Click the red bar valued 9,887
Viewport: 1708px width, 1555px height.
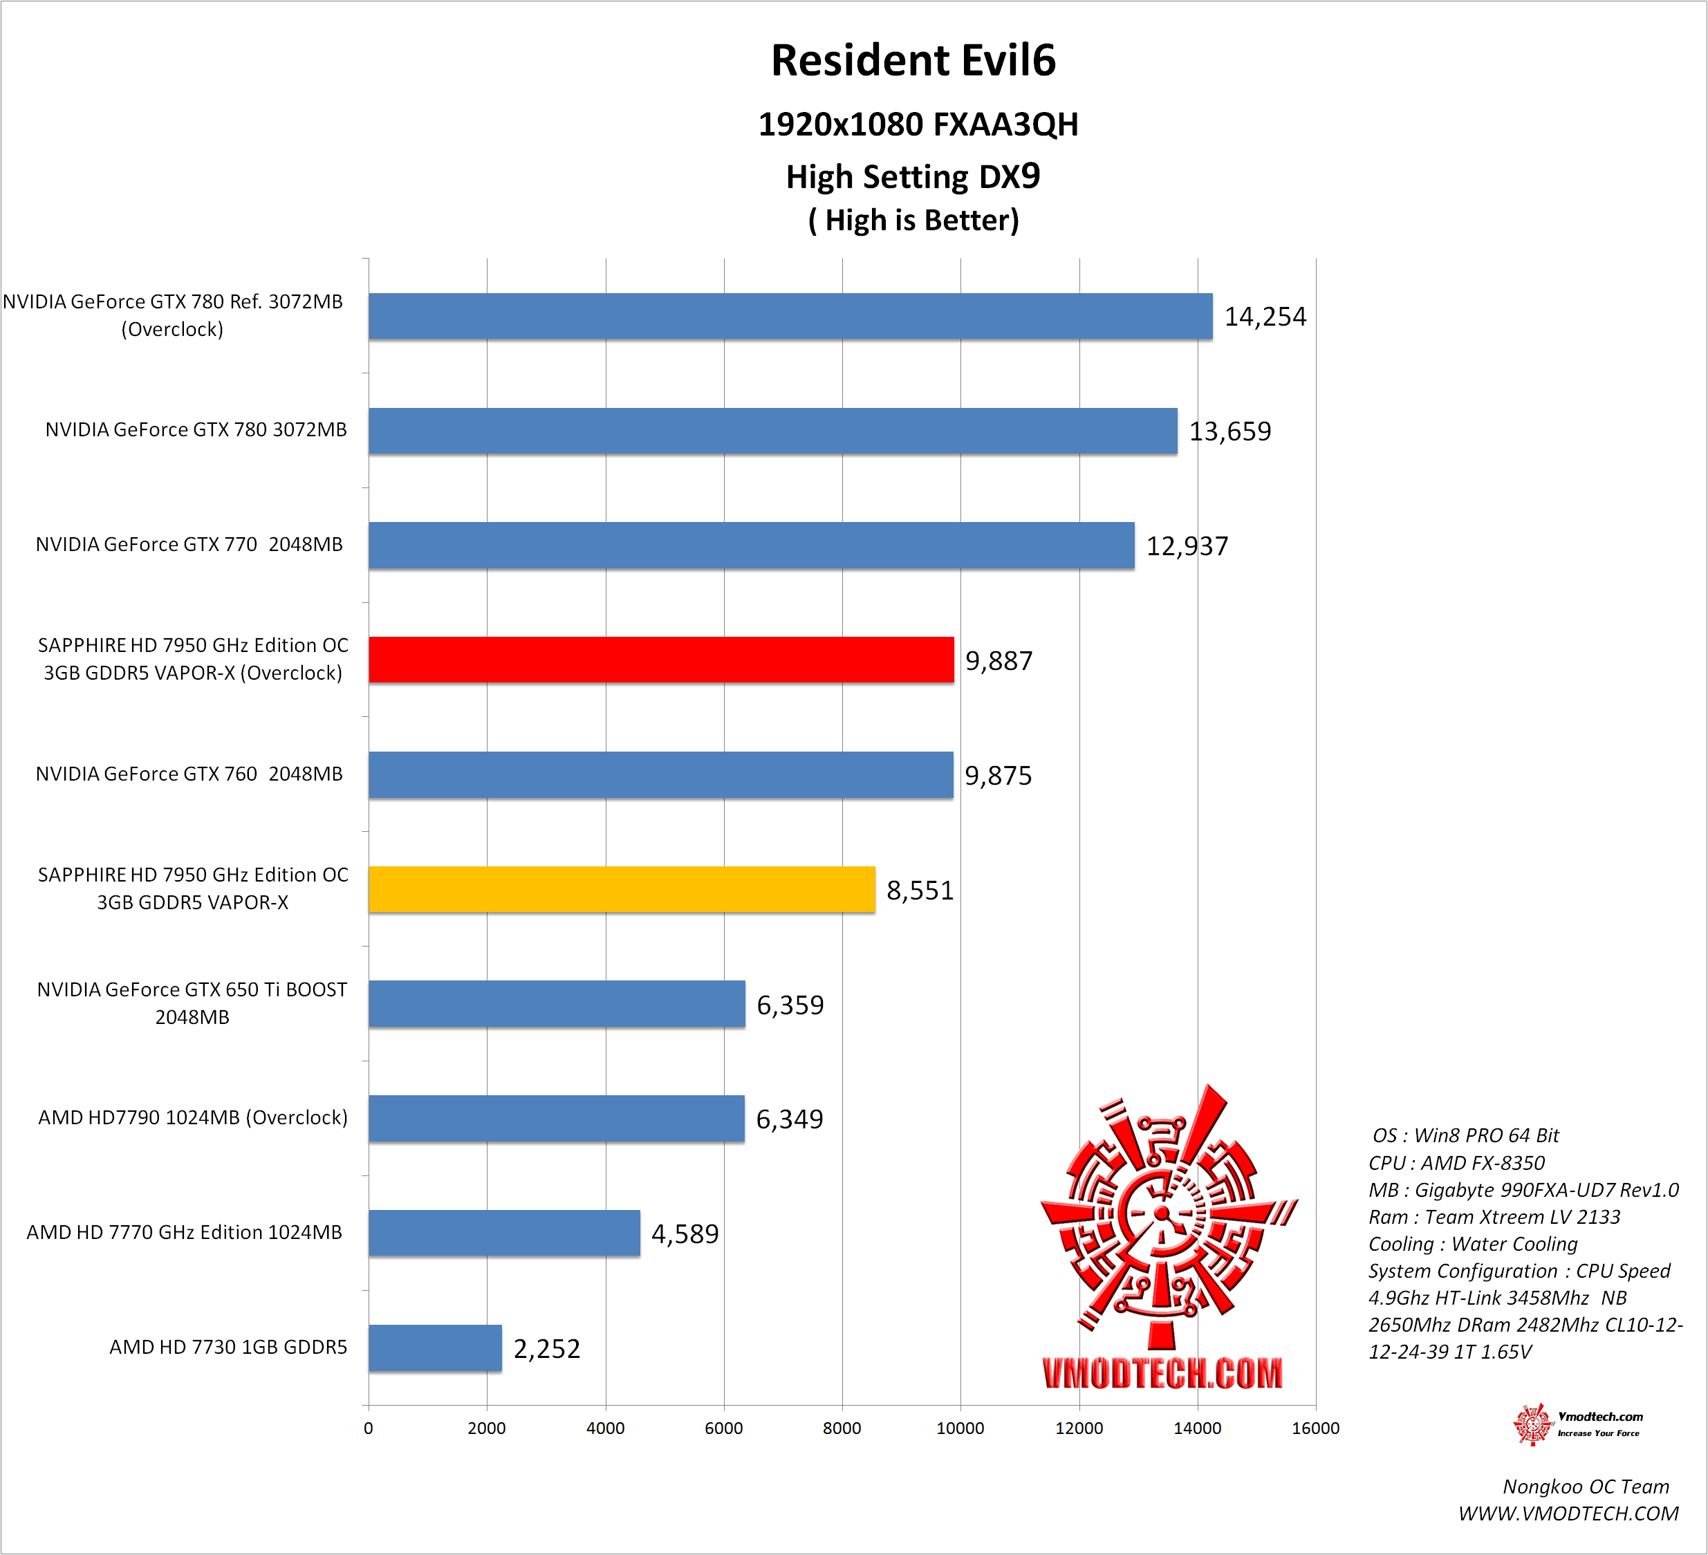point(661,660)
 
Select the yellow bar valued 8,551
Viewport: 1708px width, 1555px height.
point(621,889)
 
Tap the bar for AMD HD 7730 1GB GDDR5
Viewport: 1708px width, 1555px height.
point(435,1348)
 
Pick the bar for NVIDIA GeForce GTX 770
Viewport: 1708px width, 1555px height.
point(751,546)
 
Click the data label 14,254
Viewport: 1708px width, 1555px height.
point(1265,317)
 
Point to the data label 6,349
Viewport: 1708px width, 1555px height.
point(790,1119)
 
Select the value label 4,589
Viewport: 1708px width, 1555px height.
point(685,1234)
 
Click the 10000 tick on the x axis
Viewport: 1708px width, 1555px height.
point(960,1428)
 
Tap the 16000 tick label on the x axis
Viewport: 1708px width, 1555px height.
point(1315,1428)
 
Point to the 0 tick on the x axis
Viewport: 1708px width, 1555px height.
point(369,1428)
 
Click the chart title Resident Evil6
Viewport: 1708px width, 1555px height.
point(913,61)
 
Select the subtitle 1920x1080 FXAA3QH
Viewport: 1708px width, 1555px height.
point(918,124)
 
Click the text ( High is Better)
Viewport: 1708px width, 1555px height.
point(913,220)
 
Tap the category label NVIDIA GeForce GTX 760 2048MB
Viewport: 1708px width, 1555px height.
point(189,774)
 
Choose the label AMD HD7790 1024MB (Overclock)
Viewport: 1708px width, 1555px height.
point(193,1118)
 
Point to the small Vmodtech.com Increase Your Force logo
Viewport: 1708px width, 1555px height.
point(1577,1424)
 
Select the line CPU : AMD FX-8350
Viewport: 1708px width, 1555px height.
point(1456,1163)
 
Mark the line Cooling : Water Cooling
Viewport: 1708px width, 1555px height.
point(1472,1244)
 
